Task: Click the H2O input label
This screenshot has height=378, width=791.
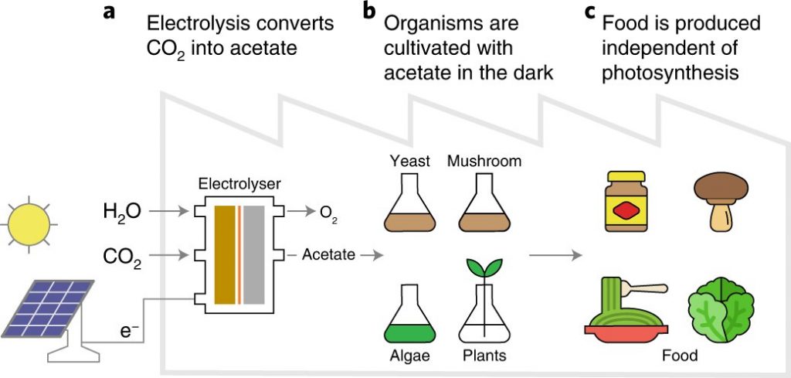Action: (x=121, y=209)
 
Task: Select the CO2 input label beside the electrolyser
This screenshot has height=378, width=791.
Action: (x=121, y=255)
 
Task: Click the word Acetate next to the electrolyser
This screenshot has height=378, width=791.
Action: (x=328, y=254)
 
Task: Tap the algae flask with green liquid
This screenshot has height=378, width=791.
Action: (x=409, y=312)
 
